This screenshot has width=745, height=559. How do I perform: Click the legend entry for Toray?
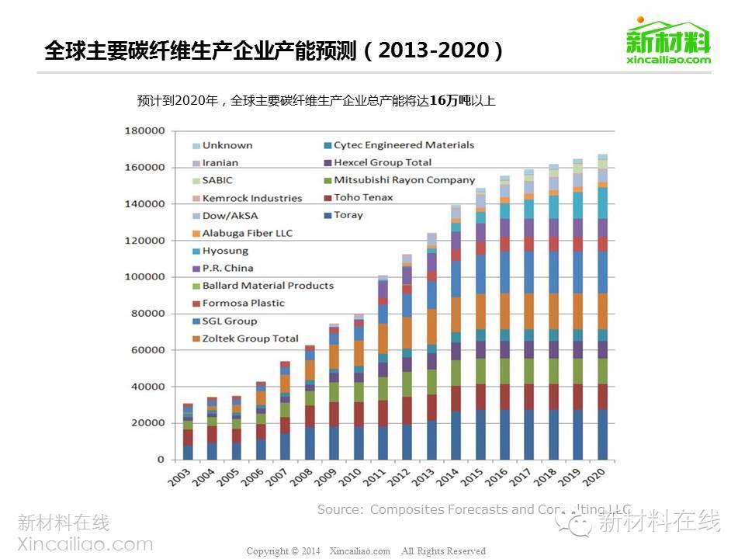(x=348, y=215)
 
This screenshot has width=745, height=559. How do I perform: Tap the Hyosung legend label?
(x=225, y=251)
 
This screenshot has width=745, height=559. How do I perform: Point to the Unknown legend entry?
(x=227, y=145)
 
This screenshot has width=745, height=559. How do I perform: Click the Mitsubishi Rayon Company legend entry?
(x=404, y=180)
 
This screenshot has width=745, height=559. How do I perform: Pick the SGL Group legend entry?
(x=229, y=321)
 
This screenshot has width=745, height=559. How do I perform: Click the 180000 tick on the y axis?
(x=146, y=131)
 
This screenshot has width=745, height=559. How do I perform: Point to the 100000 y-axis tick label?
(x=146, y=277)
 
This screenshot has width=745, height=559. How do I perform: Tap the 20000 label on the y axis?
(x=148, y=423)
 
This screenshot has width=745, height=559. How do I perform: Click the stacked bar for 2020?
(x=603, y=311)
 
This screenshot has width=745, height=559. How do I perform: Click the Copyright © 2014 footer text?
(x=283, y=551)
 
